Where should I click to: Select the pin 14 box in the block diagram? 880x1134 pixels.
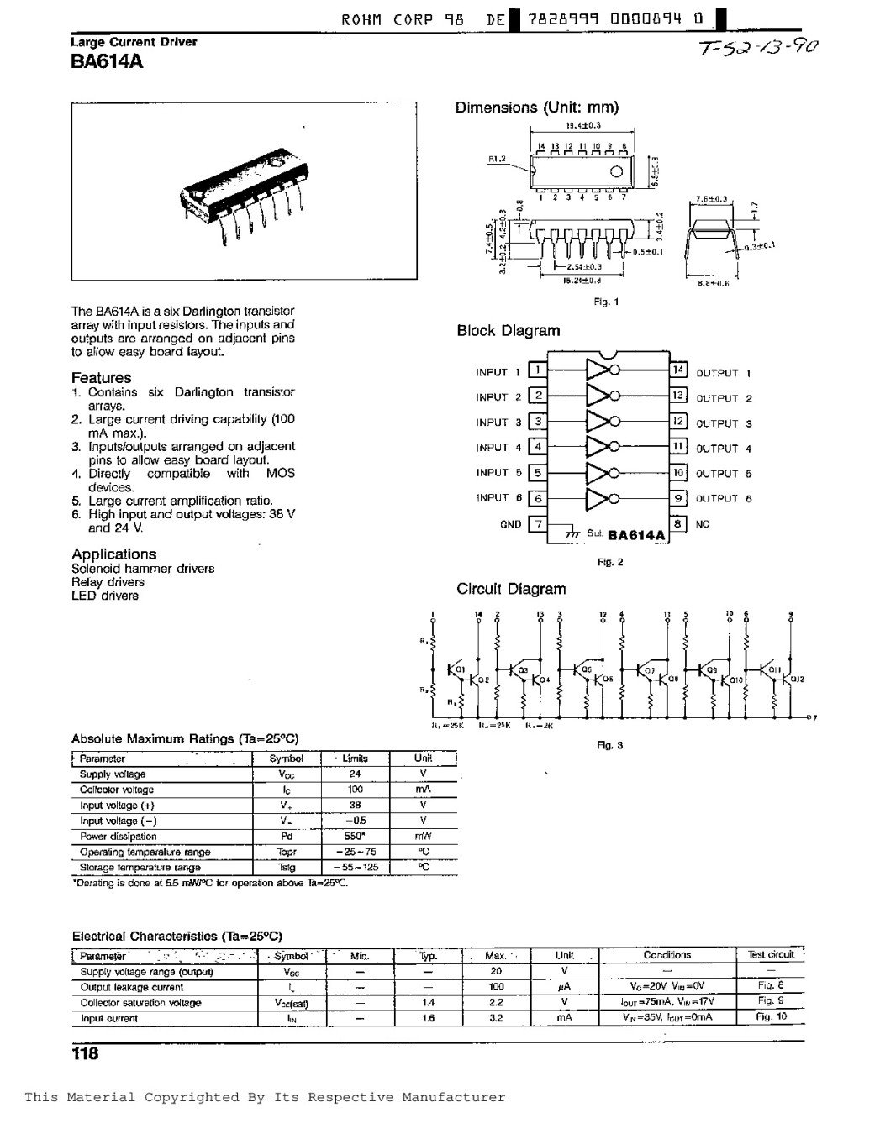coord(678,370)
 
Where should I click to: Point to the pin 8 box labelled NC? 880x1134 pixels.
coord(678,522)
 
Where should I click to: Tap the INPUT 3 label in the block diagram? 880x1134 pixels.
coord(498,423)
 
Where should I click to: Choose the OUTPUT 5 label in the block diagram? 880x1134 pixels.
coord(724,474)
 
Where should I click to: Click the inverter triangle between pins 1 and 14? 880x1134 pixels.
coord(598,371)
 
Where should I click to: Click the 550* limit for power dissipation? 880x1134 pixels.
coord(355,836)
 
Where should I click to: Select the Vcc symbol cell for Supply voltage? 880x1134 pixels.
coord(287,774)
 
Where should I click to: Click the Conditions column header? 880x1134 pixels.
coord(667,955)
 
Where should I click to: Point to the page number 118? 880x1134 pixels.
coord(85,1053)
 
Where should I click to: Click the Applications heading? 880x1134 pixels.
coord(113,554)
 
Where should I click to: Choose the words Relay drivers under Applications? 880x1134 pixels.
coord(108,582)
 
